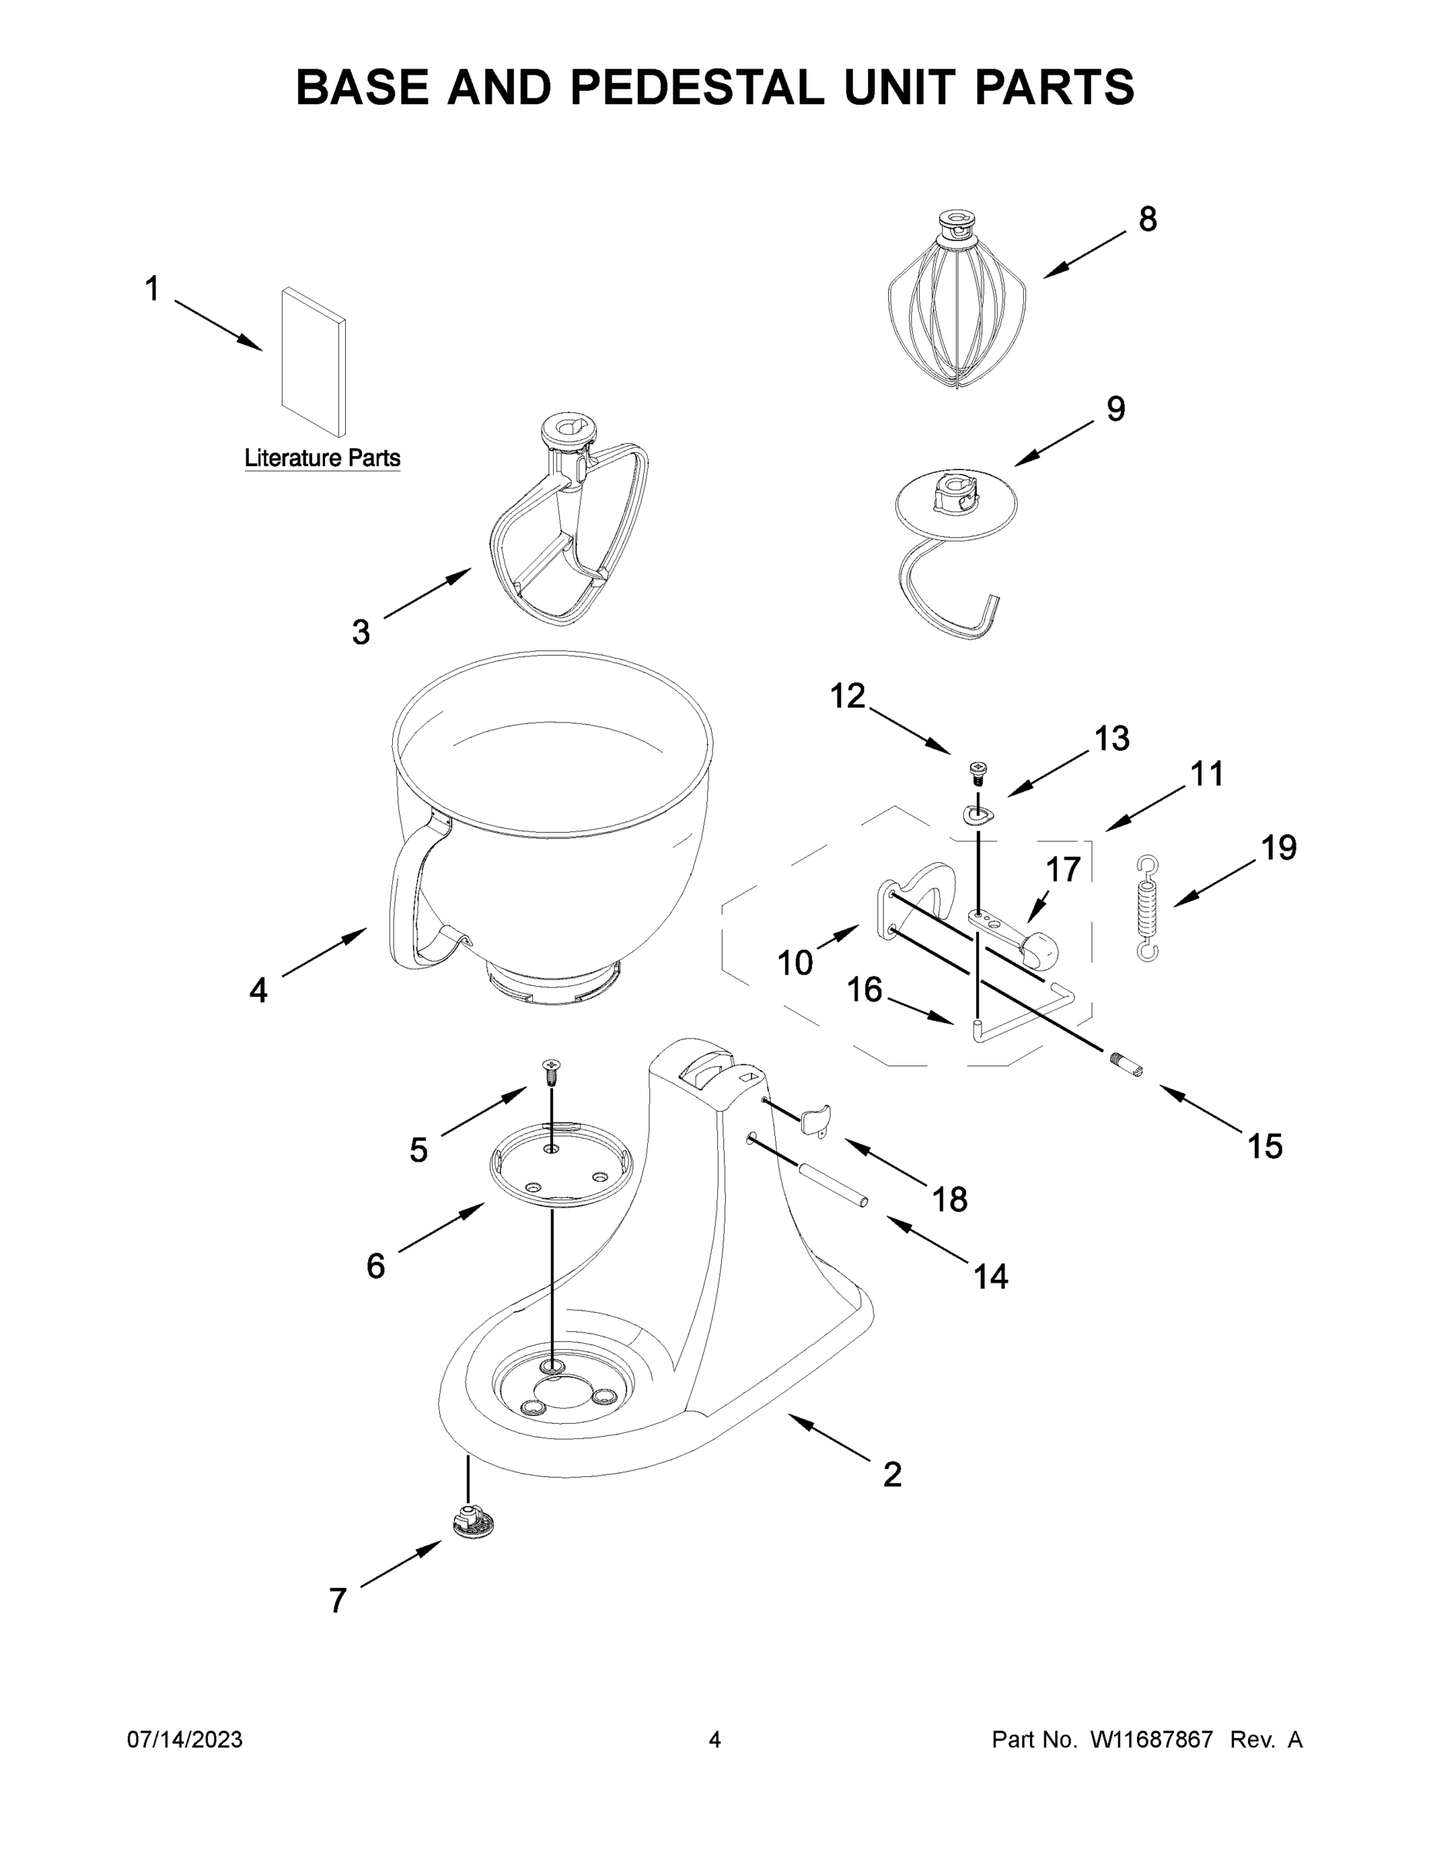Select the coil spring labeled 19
(x=1147, y=909)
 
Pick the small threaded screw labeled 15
(x=1126, y=1063)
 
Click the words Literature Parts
(x=322, y=458)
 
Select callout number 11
(x=1206, y=773)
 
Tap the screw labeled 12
(x=978, y=771)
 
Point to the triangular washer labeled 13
(x=978, y=814)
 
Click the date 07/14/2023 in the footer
(x=185, y=1740)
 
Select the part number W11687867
(x=1152, y=1740)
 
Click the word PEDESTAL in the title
(x=696, y=87)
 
